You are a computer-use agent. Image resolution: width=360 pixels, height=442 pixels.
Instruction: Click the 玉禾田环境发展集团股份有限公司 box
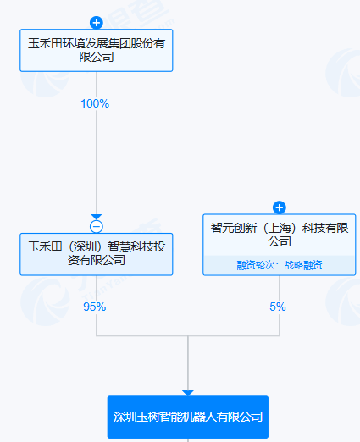(96, 50)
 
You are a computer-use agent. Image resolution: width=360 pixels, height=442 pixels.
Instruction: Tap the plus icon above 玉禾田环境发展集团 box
(96, 22)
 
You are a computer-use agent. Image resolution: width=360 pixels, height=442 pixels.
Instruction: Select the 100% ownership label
(95, 104)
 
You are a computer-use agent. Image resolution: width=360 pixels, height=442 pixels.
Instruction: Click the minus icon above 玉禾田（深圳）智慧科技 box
(96, 226)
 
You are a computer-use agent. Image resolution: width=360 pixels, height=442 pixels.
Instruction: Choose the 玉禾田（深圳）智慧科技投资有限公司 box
(96, 254)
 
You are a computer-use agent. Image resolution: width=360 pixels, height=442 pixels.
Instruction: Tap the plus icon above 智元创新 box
(280, 207)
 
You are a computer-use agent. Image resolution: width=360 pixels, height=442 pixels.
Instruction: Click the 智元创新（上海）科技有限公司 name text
(280, 235)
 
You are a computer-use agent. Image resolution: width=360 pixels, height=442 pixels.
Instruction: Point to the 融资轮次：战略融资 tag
(280, 265)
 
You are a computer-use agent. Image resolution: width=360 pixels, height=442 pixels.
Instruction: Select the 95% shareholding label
(95, 307)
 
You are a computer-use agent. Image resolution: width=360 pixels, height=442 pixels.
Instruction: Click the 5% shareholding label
(278, 307)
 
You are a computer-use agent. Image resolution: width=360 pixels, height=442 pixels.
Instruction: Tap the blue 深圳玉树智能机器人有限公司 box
(188, 417)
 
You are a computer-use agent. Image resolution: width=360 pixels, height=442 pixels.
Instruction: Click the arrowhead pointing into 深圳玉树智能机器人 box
(188, 392)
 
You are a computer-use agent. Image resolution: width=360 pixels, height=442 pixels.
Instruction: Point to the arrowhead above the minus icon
(96, 217)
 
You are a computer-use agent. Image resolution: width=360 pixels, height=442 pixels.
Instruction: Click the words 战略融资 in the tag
(302, 265)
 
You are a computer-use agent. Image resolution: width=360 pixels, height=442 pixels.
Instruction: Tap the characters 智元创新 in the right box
(240, 228)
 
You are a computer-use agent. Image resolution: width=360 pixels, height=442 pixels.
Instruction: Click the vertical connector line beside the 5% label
(280, 322)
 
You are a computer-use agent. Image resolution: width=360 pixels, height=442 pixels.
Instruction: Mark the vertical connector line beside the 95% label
(96, 322)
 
